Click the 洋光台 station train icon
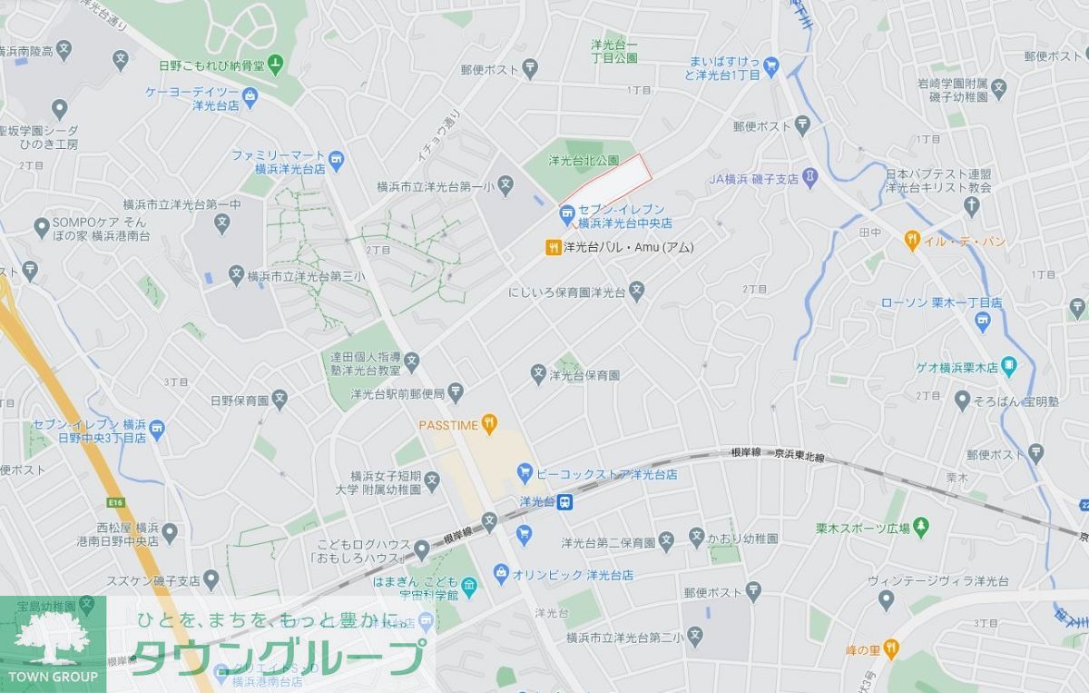pos(564,501)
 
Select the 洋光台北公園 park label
pos(584,161)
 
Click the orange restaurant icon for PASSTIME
pos(489,422)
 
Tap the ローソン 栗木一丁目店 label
pos(941,302)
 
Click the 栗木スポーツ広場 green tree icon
pos(922,527)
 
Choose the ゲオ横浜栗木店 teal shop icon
pos(1010,367)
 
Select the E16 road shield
pos(114,502)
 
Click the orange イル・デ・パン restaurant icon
pos(911,241)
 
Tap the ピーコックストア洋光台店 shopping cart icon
pos(524,473)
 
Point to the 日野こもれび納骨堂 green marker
pos(276,65)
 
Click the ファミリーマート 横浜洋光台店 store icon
pos(337,161)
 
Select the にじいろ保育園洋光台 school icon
pos(637,292)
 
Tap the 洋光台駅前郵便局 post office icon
pos(456,393)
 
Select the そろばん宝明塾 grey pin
pos(963,399)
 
